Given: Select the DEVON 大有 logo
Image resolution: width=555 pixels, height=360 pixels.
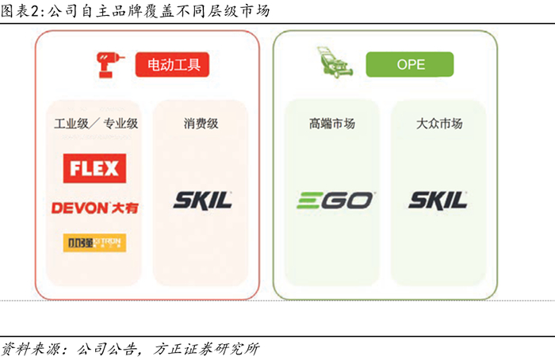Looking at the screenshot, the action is click(x=94, y=207).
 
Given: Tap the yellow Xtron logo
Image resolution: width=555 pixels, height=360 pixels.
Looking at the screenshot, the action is click(x=94, y=242).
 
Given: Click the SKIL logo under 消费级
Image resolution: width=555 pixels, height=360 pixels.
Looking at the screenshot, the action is click(x=203, y=199).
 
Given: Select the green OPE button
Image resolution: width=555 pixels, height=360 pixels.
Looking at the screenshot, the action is click(x=409, y=64).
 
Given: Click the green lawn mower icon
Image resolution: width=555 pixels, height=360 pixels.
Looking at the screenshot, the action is click(x=337, y=63).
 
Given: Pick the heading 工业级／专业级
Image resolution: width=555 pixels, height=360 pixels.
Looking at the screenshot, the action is click(x=96, y=124).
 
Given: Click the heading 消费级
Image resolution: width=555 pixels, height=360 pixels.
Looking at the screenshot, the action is click(x=201, y=124).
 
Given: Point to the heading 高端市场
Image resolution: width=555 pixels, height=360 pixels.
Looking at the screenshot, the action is click(x=332, y=124).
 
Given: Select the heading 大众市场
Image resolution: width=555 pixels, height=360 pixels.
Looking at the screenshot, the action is click(x=439, y=124).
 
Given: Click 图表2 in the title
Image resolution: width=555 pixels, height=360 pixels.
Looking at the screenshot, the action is click(x=20, y=11).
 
